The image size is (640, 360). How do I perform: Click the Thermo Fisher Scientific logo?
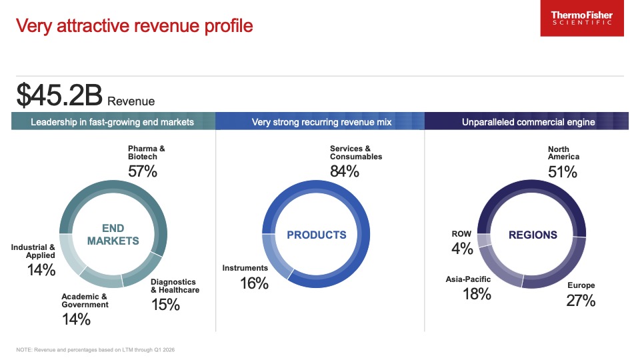[x=582, y=19]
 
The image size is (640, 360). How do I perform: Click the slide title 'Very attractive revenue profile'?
[x=134, y=26]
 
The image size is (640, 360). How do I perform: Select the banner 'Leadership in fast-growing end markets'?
[x=112, y=122]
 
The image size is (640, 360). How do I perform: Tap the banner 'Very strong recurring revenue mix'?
[x=321, y=122]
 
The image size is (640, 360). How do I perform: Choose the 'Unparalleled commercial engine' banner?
[x=528, y=122]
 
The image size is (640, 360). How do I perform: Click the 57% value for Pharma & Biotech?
[x=142, y=171]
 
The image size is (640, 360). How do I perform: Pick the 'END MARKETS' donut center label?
[x=113, y=235]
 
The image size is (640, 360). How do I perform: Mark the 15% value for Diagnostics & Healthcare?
[x=165, y=305]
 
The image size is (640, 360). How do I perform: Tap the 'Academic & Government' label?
[x=85, y=301]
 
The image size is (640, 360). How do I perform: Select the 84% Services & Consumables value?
[x=345, y=171]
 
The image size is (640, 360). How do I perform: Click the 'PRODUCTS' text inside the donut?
[x=317, y=235]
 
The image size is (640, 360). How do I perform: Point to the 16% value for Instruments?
[x=253, y=283]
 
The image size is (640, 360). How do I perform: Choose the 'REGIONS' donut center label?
[x=533, y=235]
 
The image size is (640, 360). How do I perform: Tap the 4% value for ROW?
[x=462, y=249]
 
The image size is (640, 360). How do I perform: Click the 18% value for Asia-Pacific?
[x=477, y=294]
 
